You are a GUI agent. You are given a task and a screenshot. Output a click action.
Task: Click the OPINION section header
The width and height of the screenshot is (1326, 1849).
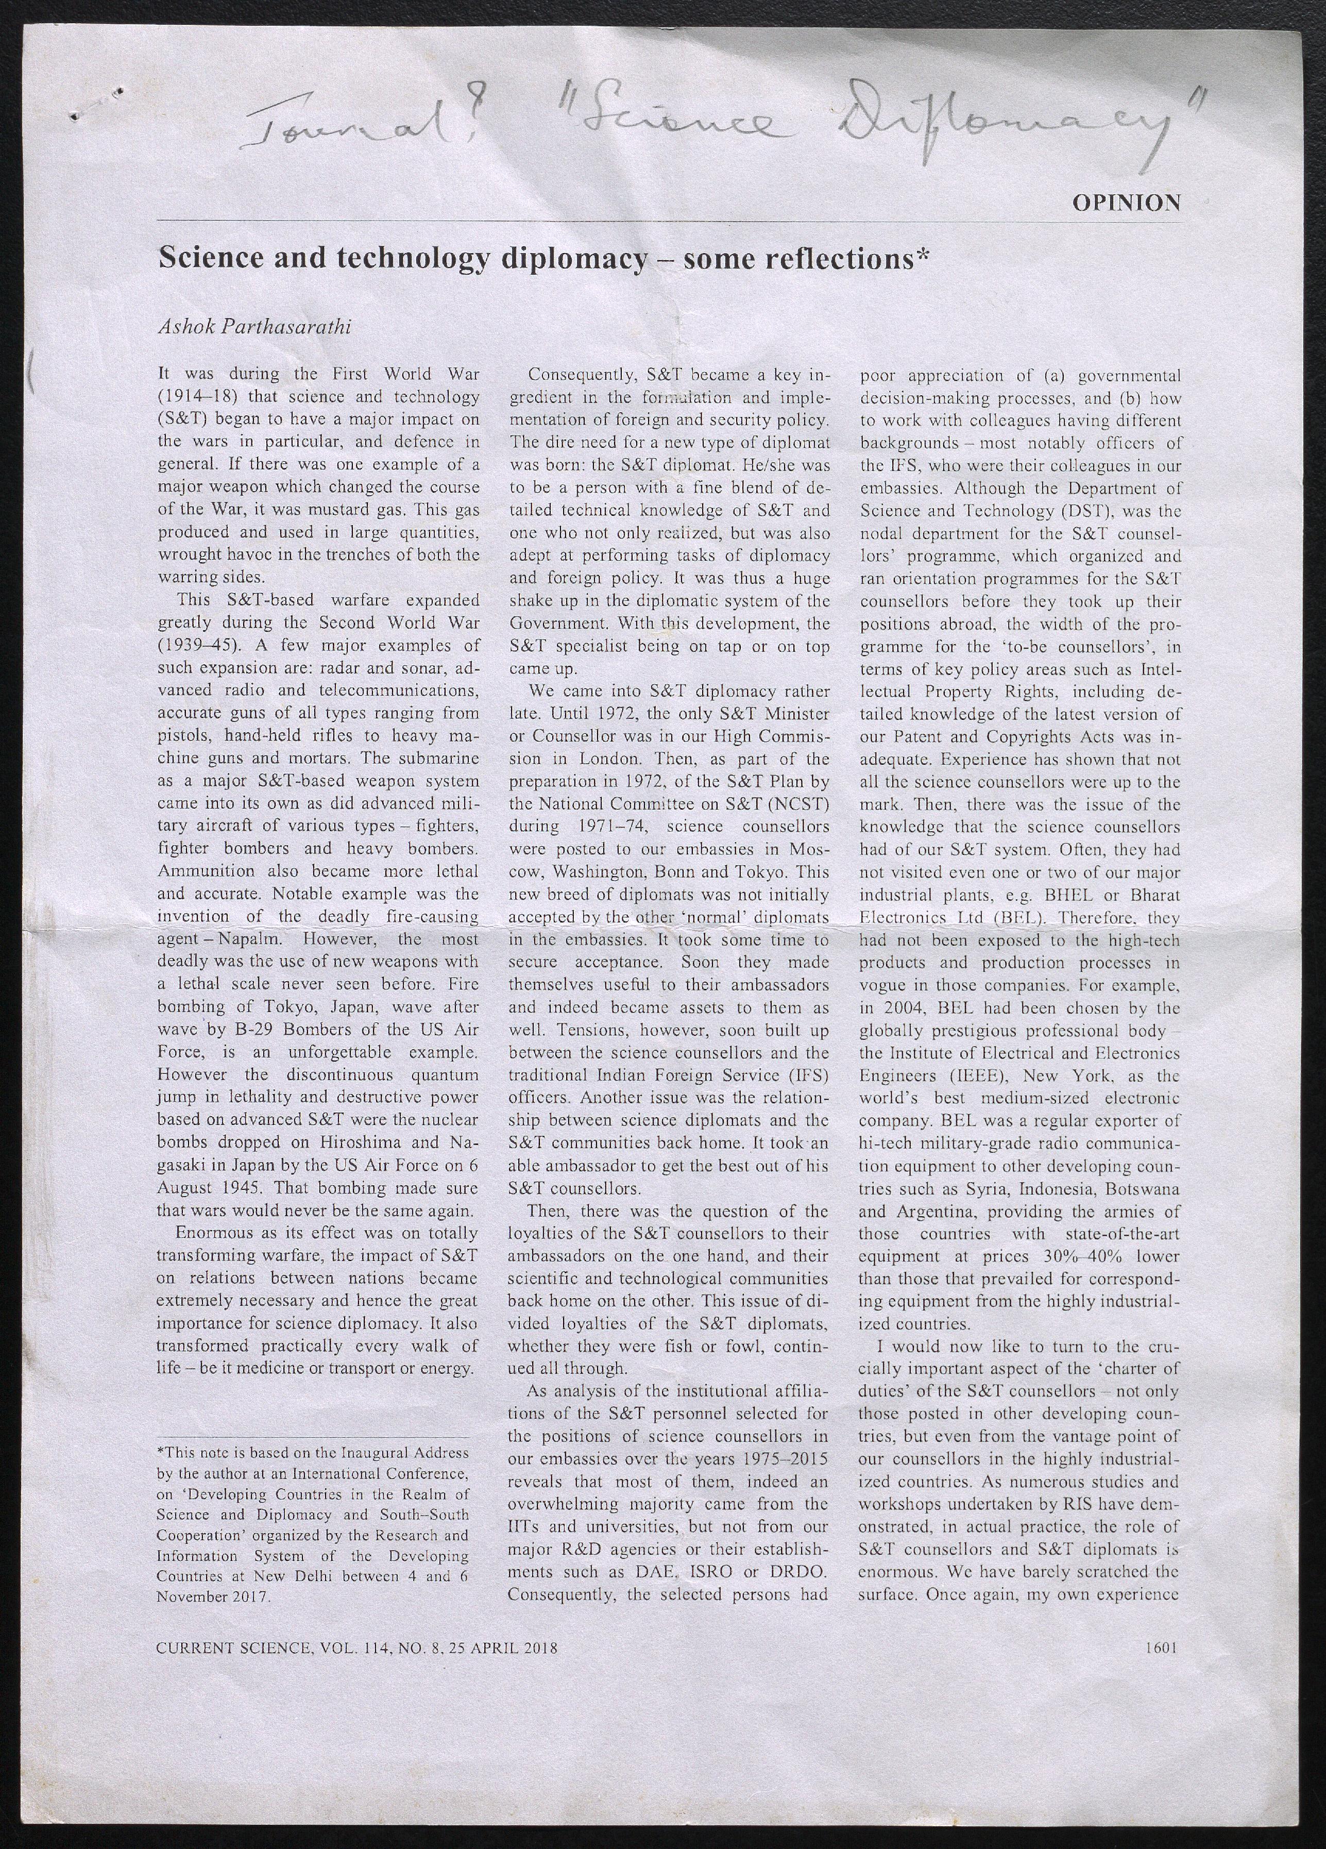tap(1126, 202)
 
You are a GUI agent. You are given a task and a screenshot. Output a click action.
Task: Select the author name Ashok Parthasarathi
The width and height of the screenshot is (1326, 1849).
tap(254, 328)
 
